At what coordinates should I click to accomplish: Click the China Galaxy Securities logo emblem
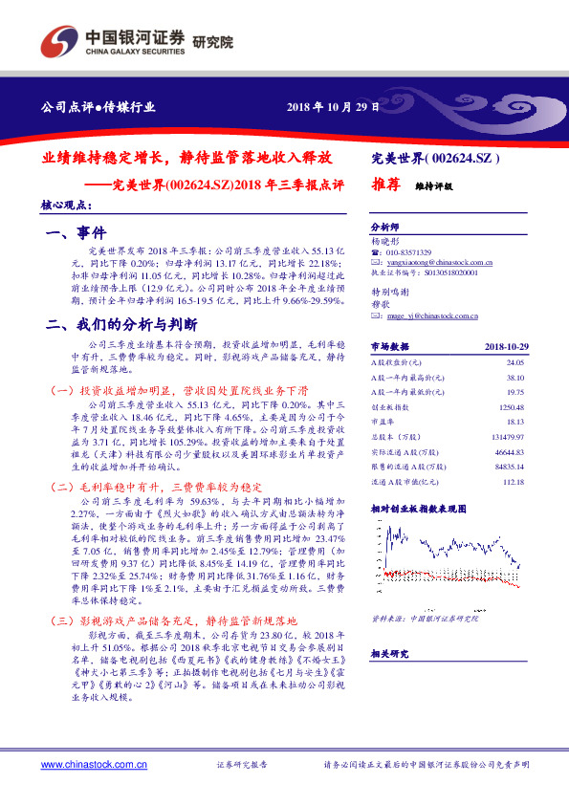[60, 41]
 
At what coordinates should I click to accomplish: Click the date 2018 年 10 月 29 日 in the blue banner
[334, 106]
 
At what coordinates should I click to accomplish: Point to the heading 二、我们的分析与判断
[121, 324]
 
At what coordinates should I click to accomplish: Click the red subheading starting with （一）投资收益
[178, 391]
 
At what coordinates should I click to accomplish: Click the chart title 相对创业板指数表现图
[418, 535]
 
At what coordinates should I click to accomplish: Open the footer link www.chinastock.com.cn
[84, 765]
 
